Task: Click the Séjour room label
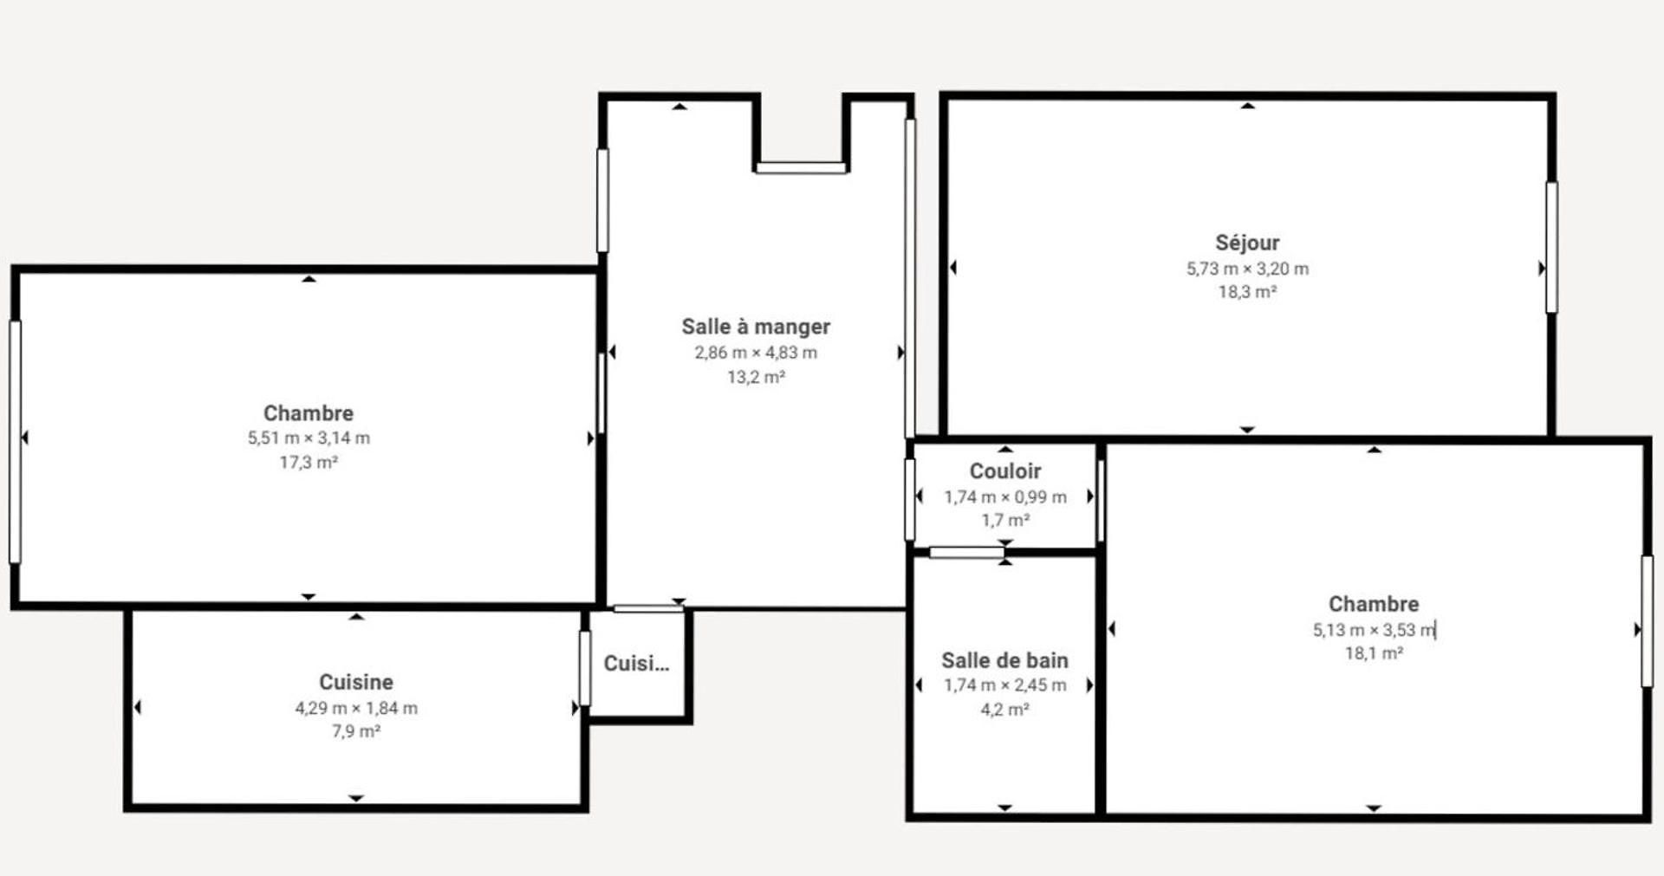(1247, 243)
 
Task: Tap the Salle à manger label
(756, 327)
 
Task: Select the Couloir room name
(1005, 471)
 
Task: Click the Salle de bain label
(1005, 660)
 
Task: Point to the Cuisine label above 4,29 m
(356, 682)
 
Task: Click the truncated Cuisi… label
(636, 664)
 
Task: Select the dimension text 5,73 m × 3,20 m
(1247, 269)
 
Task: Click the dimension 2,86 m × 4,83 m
(756, 353)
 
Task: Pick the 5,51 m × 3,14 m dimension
(309, 438)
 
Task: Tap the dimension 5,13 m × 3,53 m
(1374, 630)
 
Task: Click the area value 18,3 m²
(1247, 292)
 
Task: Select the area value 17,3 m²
(309, 463)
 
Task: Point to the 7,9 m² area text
(356, 731)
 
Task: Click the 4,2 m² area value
(1005, 710)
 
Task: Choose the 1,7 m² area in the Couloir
(1005, 520)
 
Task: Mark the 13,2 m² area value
(756, 377)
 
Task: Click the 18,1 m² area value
(1374, 653)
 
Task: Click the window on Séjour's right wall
(1551, 247)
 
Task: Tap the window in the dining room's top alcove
(801, 168)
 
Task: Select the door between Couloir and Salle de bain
(967, 553)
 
